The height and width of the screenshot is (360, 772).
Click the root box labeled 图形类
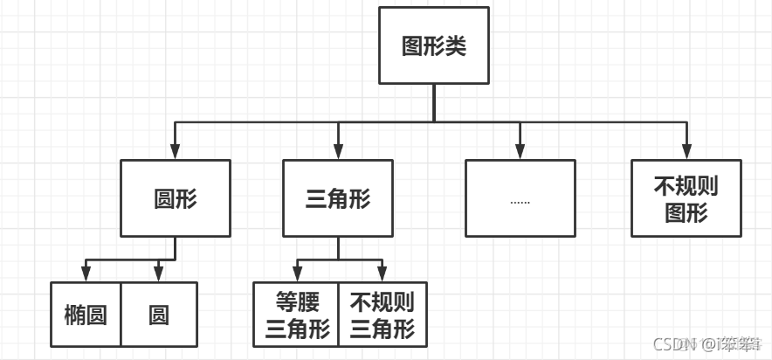[433, 45]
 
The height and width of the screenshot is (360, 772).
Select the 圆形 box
[176, 198]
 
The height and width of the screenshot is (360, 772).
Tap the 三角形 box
[338, 198]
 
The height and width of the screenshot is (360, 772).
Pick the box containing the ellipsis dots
[520, 198]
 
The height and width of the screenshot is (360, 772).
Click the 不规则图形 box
[686, 198]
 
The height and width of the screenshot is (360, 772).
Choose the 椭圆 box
[86, 315]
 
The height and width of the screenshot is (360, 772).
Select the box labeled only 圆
[159, 315]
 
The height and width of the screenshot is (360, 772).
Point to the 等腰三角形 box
[296, 315]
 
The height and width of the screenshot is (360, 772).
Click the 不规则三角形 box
[383, 315]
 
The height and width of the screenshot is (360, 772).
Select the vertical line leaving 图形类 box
[433, 100]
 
